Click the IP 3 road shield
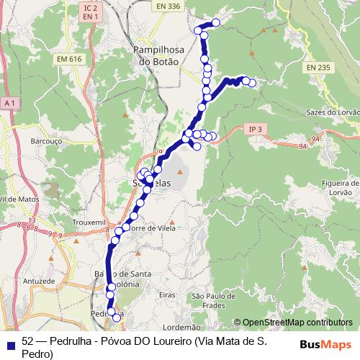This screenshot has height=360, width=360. click(254, 129)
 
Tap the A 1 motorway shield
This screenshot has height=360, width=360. click(9, 103)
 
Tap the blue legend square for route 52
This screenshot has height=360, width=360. click(11, 342)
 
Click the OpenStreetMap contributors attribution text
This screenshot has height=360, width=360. click(297, 322)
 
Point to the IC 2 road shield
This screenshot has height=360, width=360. click(89, 6)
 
